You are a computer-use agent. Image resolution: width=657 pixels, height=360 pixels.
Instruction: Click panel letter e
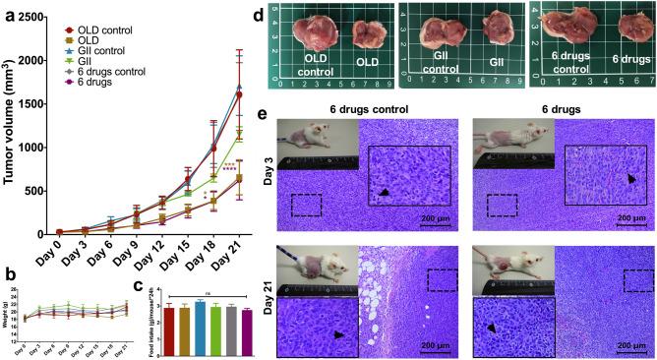(262, 114)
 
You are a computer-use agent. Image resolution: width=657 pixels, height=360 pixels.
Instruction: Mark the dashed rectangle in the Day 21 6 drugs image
(630, 280)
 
